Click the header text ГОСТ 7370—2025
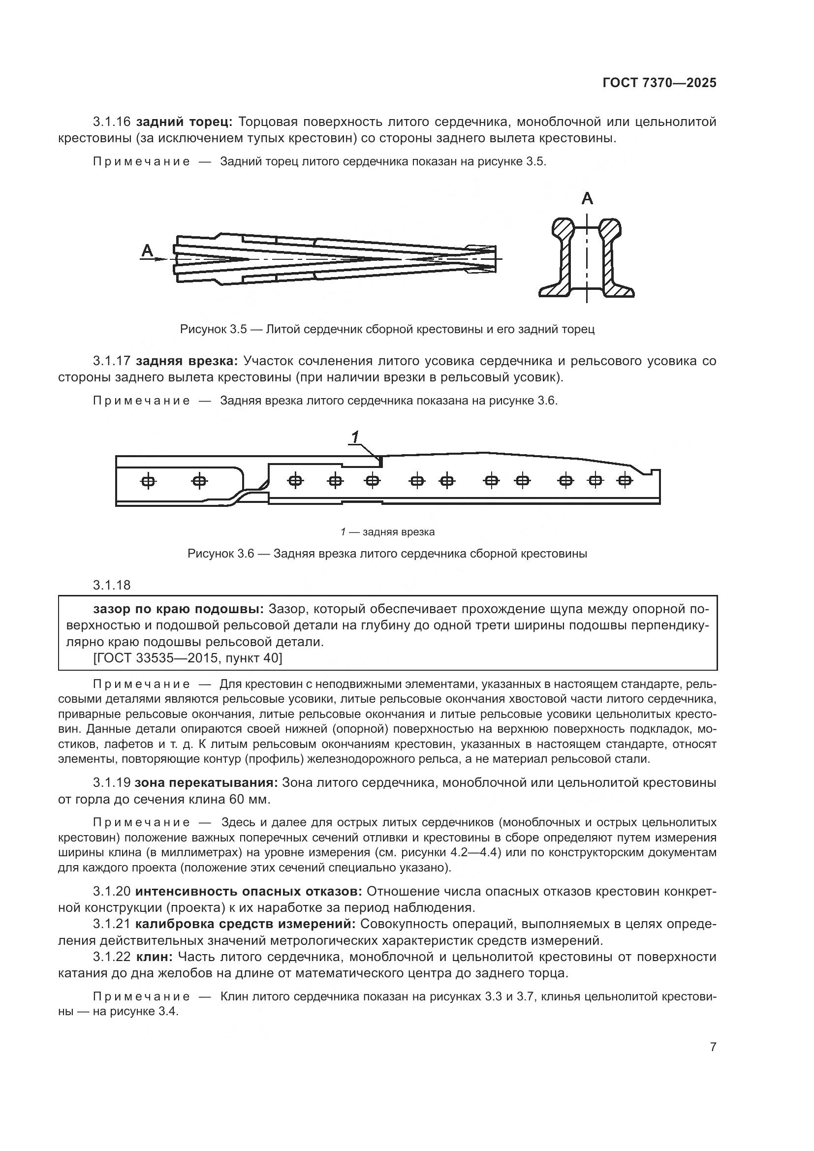click(659, 83)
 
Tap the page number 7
click(713, 1047)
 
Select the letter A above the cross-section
click(587, 199)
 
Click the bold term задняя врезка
click(189, 361)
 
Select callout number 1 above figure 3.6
click(355, 437)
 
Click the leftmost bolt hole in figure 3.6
click(148, 481)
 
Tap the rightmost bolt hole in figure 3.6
click(624, 481)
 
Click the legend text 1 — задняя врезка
click(387, 532)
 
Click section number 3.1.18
click(111, 585)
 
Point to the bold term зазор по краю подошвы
click(178, 609)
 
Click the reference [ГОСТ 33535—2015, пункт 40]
click(188, 658)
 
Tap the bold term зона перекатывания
click(206, 783)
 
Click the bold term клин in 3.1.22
click(154, 957)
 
